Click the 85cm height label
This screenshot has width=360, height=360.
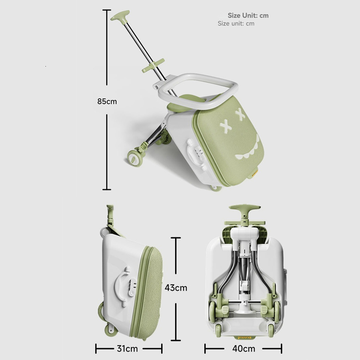pyautogui.click(x=107, y=101)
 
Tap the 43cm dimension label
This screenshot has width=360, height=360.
pyautogui.click(x=176, y=288)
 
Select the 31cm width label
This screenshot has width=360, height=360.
pyautogui.click(x=127, y=348)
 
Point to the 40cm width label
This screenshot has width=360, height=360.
pyautogui.click(x=243, y=348)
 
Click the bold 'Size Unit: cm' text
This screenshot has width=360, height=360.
pyautogui.click(x=248, y=15)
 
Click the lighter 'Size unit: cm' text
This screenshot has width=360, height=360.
pyautogui.click(x=236, y=23)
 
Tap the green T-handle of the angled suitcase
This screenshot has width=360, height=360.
pyautogui.click(x=120, y=16)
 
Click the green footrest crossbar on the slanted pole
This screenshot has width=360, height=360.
pyautogui.click(x=153, y=65)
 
